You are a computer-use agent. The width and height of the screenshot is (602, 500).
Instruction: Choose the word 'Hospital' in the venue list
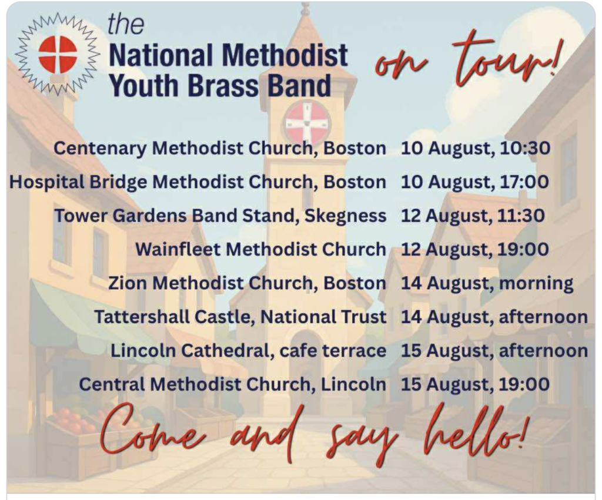(47, 182)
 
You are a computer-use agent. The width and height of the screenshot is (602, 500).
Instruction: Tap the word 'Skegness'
(345, 216)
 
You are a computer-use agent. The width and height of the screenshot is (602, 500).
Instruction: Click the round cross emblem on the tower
(307, 123)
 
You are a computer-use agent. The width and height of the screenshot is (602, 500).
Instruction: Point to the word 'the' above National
(126, 24)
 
